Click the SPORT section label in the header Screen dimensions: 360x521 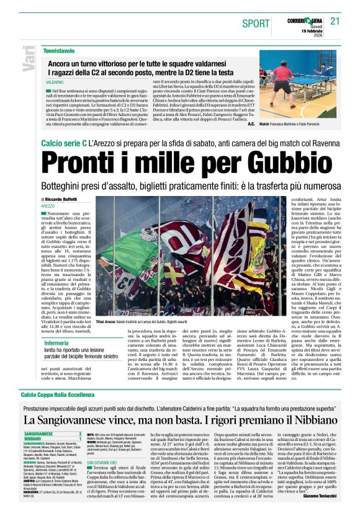coord(256,23)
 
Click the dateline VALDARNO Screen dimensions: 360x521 coord(55,82)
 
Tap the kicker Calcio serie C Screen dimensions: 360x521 coord(63,143)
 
